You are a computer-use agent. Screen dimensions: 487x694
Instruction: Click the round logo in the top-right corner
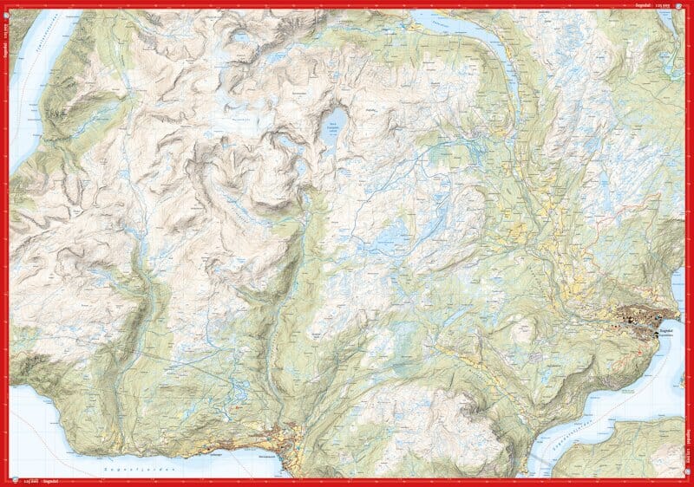[x=687, y=6]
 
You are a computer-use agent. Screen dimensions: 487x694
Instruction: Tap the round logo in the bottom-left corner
[x=6, y=481]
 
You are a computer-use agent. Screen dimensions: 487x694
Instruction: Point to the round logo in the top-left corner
[x=6, y=6]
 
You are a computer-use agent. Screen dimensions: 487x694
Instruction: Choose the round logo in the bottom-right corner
[x=687, y=481]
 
